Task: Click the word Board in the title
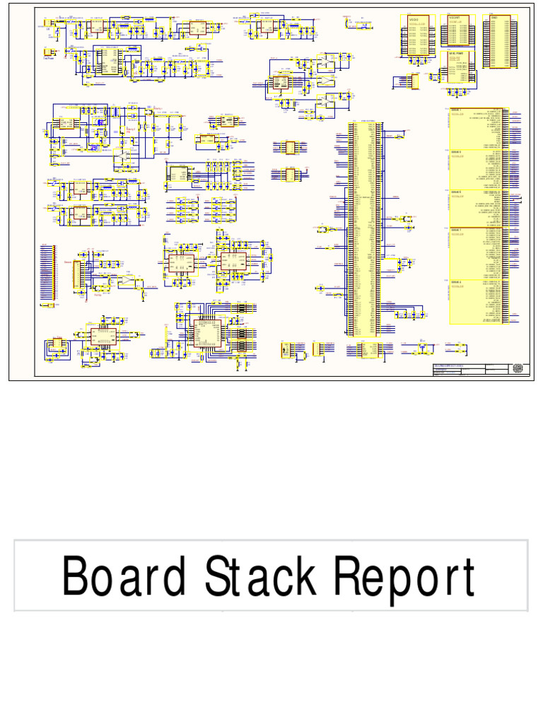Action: pyautogui.click(x=124, y=577)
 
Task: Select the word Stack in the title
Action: pyautogui.click(x=261, y=577)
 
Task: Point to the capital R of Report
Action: pyautogui.click(x=349, y=576)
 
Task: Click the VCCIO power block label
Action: pyautogui.click(x=414, y=20)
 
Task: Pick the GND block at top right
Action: pyautogui.click(x=496, y=42)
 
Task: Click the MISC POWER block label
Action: pyautogui.click(x=457, y=53)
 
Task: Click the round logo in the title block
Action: pyautogui.click(x=518, y=368)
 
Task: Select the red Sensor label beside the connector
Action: pyautogui.click(x=68, y=262)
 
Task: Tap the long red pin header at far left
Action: pyautogui.click(x=47, y=276)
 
